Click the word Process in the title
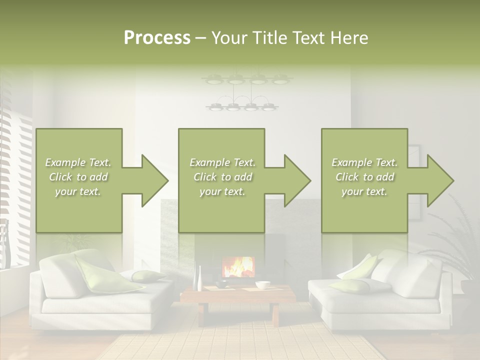[x=157, y=38]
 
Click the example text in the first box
[x=78, y=177]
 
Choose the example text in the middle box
[x=222, y=177]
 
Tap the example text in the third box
[x=364, y=177]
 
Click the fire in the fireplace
[x=238, y=267]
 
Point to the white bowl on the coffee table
[x=262, y=285]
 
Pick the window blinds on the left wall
[x=15, y=165]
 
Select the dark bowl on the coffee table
[x=222, y=284]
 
